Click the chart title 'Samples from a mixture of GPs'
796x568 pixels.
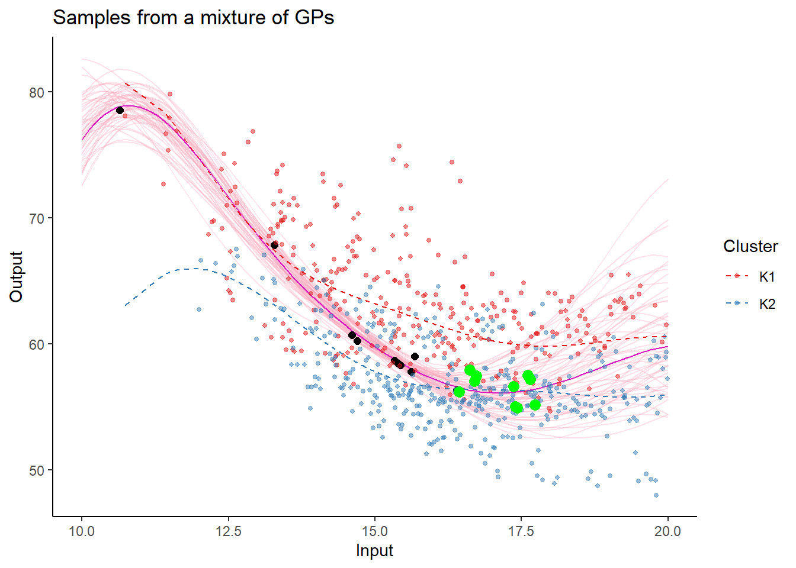193,18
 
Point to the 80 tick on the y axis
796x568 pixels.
37,92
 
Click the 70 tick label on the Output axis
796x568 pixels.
37,218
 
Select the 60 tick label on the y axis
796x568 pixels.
37,344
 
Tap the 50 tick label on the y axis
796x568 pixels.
37,470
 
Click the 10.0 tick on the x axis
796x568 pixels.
82,531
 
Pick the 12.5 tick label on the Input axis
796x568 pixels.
229,531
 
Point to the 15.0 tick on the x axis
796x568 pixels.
375,531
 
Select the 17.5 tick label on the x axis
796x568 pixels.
521,531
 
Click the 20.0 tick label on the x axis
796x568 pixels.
667,531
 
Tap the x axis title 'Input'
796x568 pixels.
374,551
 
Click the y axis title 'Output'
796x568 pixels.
17,276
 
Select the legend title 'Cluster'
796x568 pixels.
750,246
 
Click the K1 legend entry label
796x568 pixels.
767,277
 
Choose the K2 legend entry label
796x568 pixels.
767,304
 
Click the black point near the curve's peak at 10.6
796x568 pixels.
120,110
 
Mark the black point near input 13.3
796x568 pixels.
274,245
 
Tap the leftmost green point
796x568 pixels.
458,392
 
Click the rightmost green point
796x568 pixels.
535,405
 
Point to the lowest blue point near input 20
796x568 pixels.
656,495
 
